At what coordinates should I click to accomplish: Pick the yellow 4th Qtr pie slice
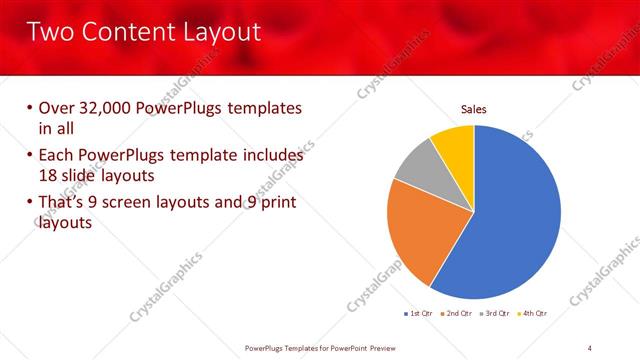(x=454, y=143)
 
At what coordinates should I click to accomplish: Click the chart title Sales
(x=473, y=109)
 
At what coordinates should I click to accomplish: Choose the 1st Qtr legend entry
(x=419, y=314)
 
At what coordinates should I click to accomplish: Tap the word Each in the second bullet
(x=56, y=155)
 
